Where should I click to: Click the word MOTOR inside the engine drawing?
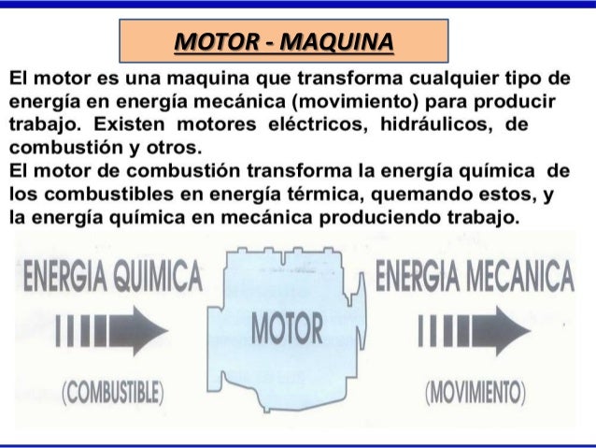[287, 329]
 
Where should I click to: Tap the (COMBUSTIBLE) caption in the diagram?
[112, 390]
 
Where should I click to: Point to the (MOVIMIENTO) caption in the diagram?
[475, 390]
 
